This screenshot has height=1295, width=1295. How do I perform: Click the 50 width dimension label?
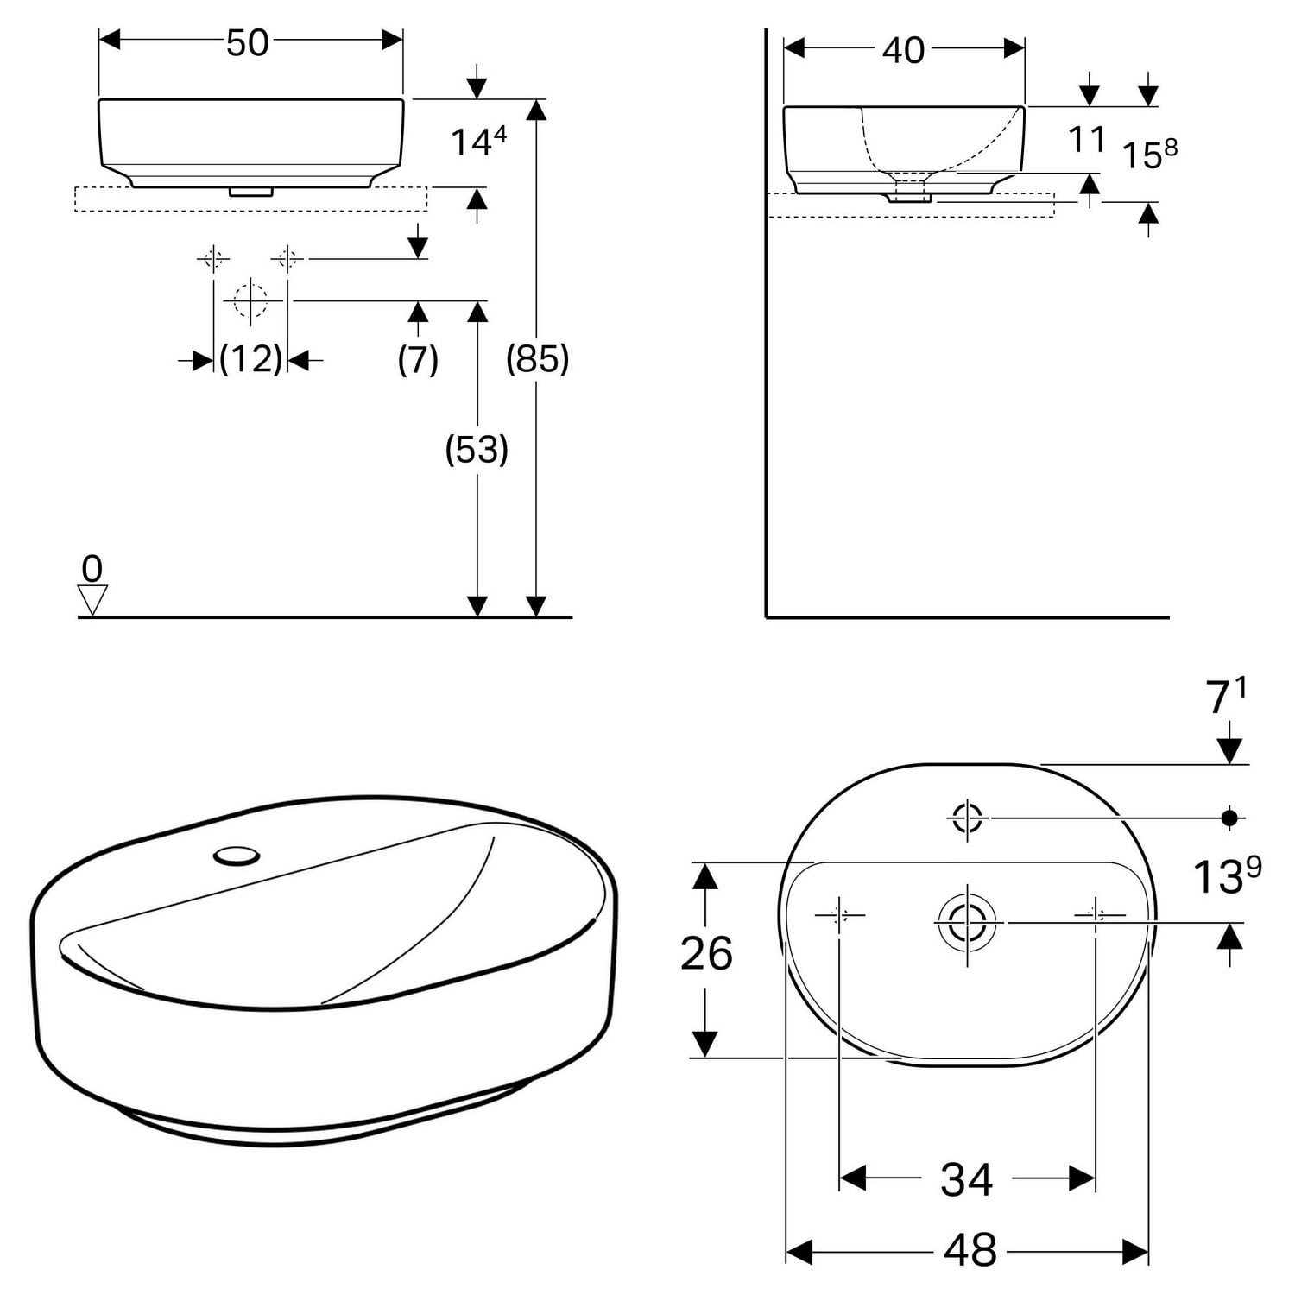[x=248, y=42]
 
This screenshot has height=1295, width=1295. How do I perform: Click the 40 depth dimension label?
[x=903, y=50]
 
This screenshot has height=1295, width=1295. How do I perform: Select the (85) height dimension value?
[x=537, y=357]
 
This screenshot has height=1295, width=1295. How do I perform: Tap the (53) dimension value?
[x=477, y=449]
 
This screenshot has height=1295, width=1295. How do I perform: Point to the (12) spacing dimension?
[x=250, y=357]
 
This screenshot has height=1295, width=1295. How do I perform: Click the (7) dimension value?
[x=418, y=358]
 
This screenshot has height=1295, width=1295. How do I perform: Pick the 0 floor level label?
[x=92, y=569]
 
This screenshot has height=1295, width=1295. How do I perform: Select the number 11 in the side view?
[x=1086, y=139]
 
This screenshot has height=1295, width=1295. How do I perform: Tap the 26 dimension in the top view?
[x=706, y=953]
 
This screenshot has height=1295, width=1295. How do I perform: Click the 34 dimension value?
[x=966, y=1179]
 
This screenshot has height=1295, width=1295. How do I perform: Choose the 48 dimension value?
[x=970, y=1249]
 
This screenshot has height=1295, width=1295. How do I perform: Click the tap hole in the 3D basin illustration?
[x=237, y=856]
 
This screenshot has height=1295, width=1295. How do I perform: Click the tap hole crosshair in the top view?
[x=966, y=817]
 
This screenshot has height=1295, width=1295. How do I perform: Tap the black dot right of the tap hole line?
[x=1229, y=817]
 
